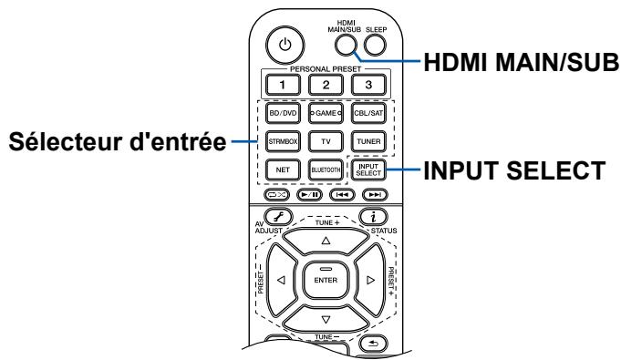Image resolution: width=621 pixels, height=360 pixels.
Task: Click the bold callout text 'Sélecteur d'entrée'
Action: click(x=117, y=141)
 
